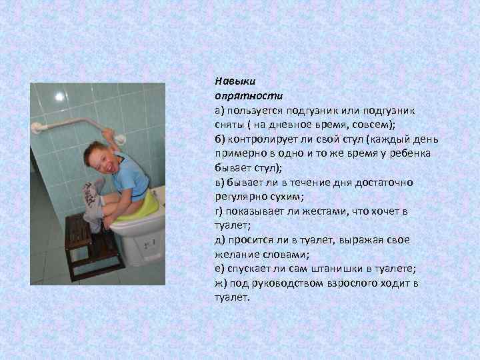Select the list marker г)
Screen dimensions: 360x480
[x=220, y=211]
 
